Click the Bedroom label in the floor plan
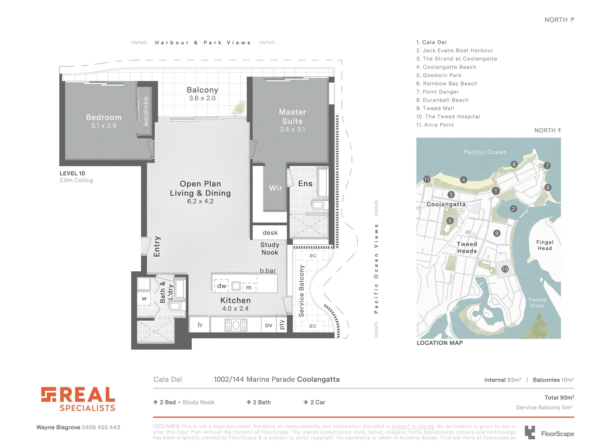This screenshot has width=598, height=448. pyautogui.click(x=104, y=117)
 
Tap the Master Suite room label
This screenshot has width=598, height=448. pyautogui.click(x=293, y=117)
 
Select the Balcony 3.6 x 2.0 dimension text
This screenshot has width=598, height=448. pyautogui.click(x=202, y=98)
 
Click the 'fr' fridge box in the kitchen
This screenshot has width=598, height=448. pyautogui.click(x=200, y=325)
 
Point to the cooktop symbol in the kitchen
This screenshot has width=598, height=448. pyautogui.click(x=236, y=325)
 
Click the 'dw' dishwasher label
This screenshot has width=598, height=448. pyautogui.click(x=222, y=286)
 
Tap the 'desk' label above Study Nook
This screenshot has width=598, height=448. pyautogui.click(x=270, y=233)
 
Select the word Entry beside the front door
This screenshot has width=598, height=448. pyautogui.click(x=157, y=246)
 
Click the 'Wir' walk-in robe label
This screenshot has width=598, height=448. pyautogui.click(x=276, y=188)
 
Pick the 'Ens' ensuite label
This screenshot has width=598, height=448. pyautogui.click(x=305, y=183)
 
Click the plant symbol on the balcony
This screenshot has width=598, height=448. pyautogui.click(x=239, y=107)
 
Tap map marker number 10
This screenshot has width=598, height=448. pyautogui.click(x=505, y=269)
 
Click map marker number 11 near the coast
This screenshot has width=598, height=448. pyautogui.click(x=427, y=179)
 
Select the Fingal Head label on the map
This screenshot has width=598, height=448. pyautogui.click(x=544, y=245)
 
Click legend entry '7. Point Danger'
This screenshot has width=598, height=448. pyautogui.click(x=437, y=92)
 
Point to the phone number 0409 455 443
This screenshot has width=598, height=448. pyautogui.click(x=101, y=427)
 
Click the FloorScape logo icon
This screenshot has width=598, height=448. pyautogui.click(x=530, y=432)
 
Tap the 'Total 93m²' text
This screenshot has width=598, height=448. pyautogui.click(x=559, y=397)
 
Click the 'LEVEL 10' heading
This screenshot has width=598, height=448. pyautogui.click(x=72, y=173)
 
